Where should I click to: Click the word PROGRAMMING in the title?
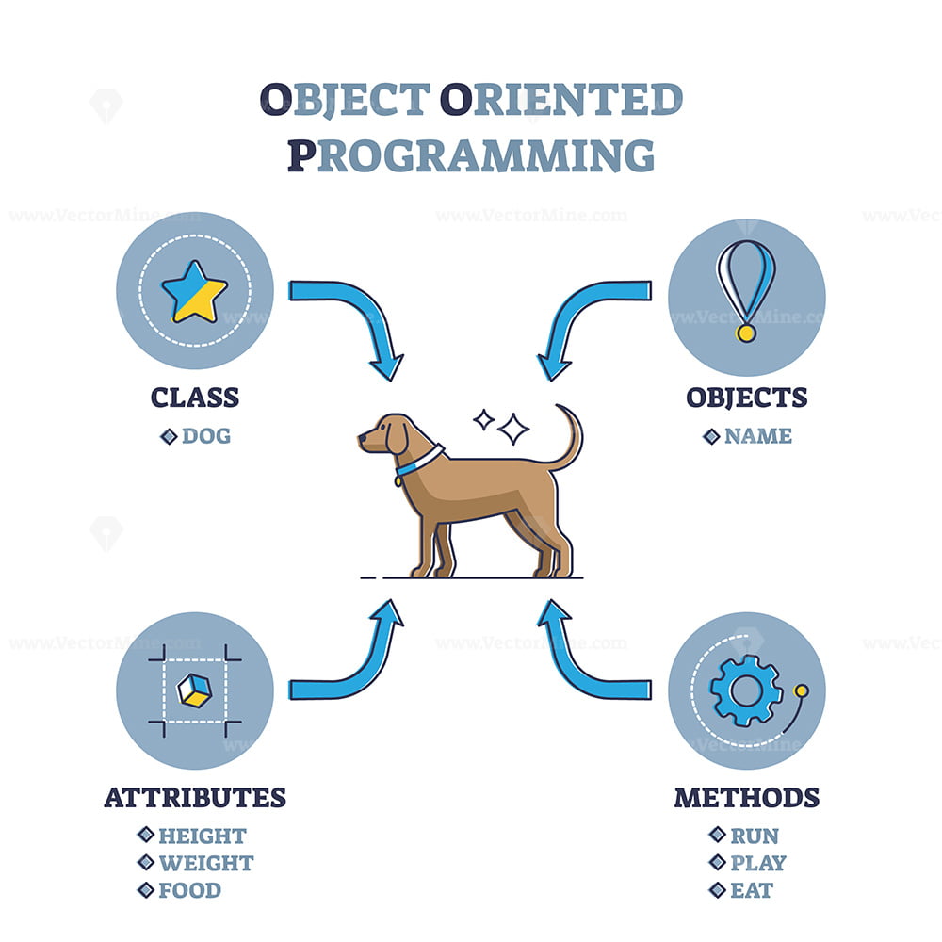[470, 155]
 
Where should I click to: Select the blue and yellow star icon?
[194, 291]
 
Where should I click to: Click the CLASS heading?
[195, 397]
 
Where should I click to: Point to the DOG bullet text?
[205, 436]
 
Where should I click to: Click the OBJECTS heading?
[746, 397]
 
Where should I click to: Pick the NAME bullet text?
[757, 436]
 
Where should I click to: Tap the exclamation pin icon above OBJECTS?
[746, 287]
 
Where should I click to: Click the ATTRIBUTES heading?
[195, 797]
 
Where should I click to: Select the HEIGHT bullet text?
[202, 836]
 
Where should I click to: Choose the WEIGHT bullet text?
[205, 863]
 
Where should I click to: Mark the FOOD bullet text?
[189, 890]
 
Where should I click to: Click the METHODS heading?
[746, 797]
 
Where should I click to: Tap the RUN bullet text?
[755, 836]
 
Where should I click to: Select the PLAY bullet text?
[757, 863]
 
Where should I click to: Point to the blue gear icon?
[745, 691]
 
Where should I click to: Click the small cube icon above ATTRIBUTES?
[194, 690]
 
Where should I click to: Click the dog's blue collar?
[414, 462]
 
